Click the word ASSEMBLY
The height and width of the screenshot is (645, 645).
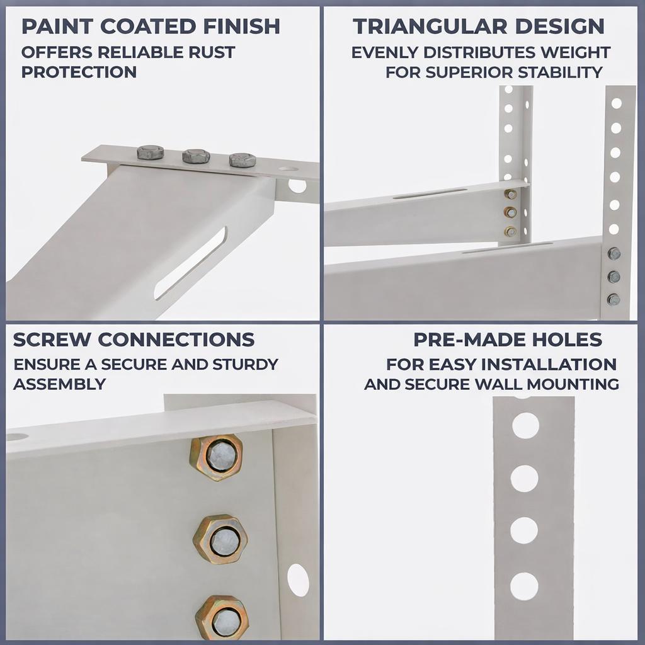point(60,384)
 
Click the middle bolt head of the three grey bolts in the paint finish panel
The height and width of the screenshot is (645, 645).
point(197,156)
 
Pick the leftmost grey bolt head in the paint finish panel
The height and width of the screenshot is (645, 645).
point(150,152)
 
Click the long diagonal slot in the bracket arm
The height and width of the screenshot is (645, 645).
point(190,263)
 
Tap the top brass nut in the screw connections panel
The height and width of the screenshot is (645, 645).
point(217,457)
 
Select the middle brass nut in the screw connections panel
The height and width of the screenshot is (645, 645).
point(220,539)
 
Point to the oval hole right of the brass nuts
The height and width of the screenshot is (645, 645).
point(298,580)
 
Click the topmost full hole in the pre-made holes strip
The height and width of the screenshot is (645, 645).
point(525,425)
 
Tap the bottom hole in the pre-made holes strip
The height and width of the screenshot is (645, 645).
point(524,586)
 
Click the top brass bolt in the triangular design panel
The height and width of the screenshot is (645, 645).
point(510,194)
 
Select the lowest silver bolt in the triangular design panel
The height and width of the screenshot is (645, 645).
point(614,299)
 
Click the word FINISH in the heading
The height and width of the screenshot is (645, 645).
point(241,26)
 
